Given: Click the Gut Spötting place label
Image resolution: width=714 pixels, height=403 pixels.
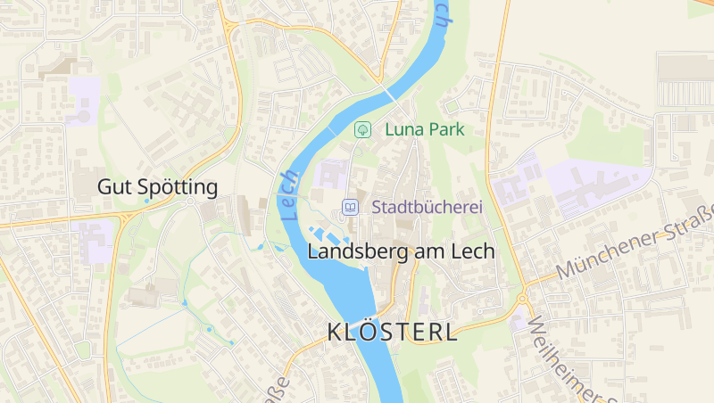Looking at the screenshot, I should pyautogui.click(x=157, y=187).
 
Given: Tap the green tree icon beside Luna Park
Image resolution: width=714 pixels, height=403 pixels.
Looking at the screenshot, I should pyautogui.click(x=363, y=129).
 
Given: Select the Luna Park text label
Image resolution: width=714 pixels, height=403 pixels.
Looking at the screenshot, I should pyautogui.click(x=425, y=129).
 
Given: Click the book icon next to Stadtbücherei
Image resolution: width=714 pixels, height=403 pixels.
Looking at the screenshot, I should pyautogui.click(x=351, y=207).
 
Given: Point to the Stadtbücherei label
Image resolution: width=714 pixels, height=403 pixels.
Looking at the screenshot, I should pyautogui.click(x=427, y=207).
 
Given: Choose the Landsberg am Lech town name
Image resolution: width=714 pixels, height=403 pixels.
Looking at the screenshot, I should pyautogui.click(x=400, y=251).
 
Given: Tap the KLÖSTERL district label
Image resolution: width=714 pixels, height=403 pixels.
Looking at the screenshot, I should pyautogui.click(x=393, y=333).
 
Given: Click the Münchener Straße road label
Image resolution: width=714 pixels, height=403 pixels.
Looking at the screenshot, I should pyautogui.click(x=635, y=242).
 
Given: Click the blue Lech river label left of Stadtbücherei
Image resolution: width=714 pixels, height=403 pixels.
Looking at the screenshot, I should pyautogui.click(x=288, y=195).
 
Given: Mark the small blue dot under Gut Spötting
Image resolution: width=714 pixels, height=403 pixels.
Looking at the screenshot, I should pyautogui.click(x=147, y=201).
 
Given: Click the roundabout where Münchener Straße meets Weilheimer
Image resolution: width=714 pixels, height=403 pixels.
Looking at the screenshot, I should pyautogui.click(x=522, y=298).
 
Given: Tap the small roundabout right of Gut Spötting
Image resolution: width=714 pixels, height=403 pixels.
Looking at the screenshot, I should pyautogui.click(x=190, y=201).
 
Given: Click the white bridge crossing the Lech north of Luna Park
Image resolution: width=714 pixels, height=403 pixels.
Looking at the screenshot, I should pyautogui.click(x=389, y=93).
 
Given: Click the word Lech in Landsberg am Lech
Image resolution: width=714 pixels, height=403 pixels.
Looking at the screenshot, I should pyautogui.click(x=471, y=251).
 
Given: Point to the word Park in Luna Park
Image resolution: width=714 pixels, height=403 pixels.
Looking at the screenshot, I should pyautogui.click(x=445, y=129).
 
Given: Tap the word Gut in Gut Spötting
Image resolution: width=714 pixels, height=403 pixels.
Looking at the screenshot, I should pyautogui.click(x=112, y=187).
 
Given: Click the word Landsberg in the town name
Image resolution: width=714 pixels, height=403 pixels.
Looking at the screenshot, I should pyautogui.click(x=349, y=251).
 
